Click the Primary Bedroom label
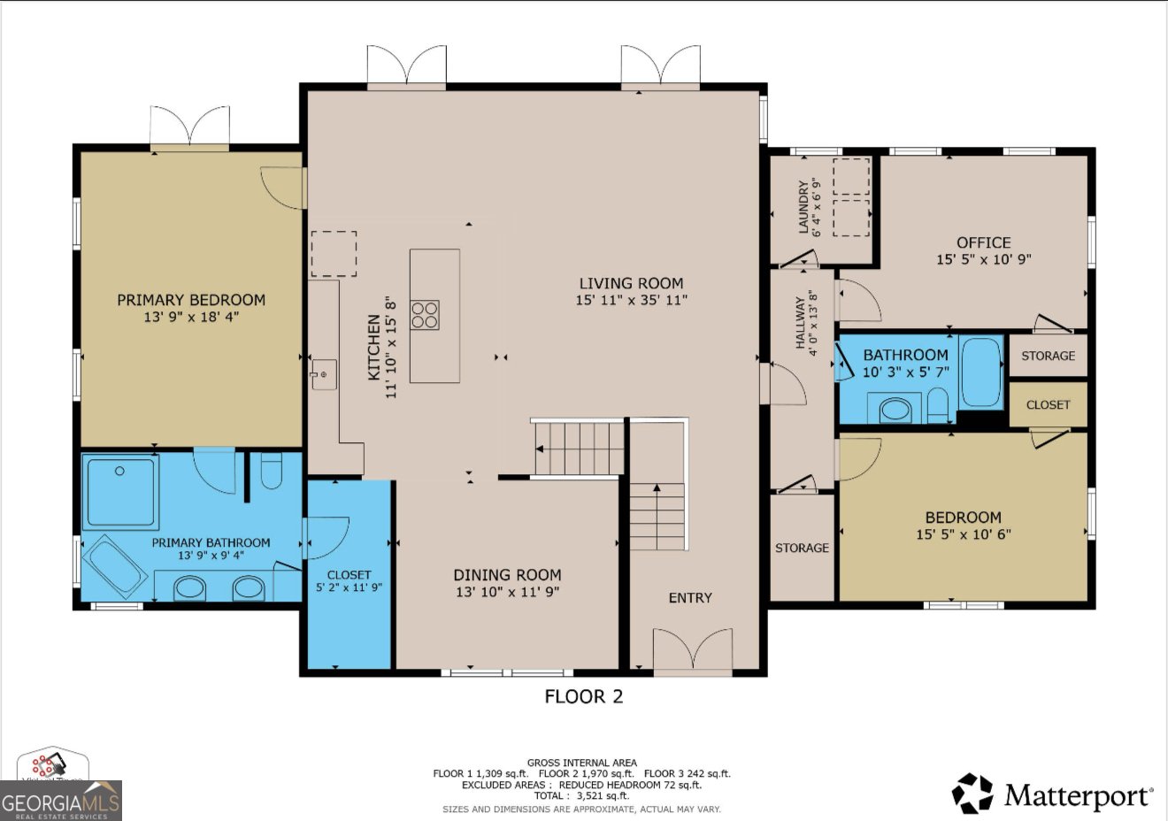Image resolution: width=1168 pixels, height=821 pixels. pos(191,300)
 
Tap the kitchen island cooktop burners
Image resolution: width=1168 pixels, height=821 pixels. pos(425,315)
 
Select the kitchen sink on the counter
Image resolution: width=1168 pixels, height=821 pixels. pos(323,374)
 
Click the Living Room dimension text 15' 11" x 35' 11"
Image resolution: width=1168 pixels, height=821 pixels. pos(631,300)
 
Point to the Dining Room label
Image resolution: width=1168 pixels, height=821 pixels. pos(507,574)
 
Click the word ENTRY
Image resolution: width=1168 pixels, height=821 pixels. pos(690,598)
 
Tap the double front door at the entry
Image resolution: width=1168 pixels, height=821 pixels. pos(692,650)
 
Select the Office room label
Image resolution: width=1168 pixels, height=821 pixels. pos(983,242)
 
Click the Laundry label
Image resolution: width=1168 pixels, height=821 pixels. pos(803,208)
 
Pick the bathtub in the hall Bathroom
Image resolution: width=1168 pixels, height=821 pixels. pos(980,372)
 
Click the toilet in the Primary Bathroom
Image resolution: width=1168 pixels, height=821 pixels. pos(272,471)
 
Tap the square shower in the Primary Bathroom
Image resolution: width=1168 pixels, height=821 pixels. pos(120,492)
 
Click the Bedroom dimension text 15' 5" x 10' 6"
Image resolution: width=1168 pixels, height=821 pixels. pos(963,534)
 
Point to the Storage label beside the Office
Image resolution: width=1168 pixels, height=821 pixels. pos(1048,356)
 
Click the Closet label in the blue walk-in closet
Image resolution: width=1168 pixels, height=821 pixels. pos(349,574)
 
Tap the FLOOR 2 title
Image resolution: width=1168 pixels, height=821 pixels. pos(583,697)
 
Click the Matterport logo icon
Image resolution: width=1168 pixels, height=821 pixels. pos(972,794)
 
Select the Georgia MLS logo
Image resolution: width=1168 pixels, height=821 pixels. pos(60,802)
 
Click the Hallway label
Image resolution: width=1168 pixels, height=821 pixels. pos(801,323)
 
